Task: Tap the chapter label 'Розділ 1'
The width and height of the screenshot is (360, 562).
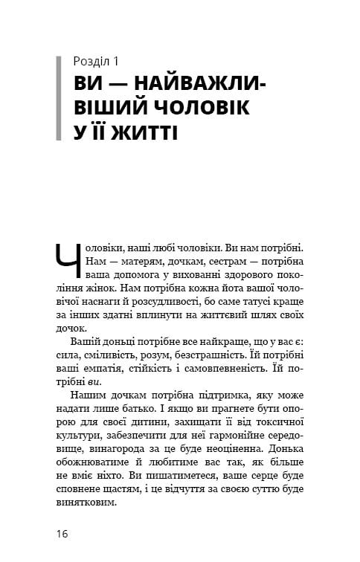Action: (99, 60)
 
